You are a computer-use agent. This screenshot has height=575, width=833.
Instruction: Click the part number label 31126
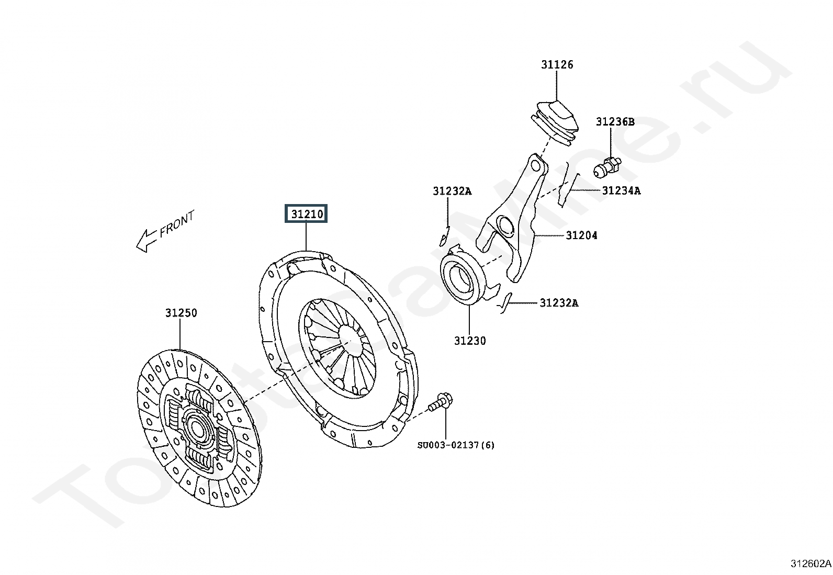pyautogui.click(x=557, y=65)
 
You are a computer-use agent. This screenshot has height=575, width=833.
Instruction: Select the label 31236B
pyautogui.click(x=615, y=121)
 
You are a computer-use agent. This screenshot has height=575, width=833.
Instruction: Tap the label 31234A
pyautogui.click(x=622, y=191)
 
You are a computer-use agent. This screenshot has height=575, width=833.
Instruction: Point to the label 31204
pyautogui.click(x=582, y=235)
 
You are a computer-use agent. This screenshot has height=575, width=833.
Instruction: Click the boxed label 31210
pyautogui.click(x=306, y=213)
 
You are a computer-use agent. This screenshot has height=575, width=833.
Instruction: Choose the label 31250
pyautogui.click(x=181, y=313)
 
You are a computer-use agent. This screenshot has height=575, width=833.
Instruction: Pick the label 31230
pyautogui.click(x=470, y=341)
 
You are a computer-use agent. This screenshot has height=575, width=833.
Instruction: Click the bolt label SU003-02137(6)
pyautogui.click(x=456, y=445)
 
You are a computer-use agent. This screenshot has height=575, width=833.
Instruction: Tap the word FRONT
pyautogui.click(x=177, y=224)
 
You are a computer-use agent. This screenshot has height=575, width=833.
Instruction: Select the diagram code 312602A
pyautogui.click(x=811, y=564)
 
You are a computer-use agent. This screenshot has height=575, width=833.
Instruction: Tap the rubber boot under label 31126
pyautogui.click(x=555, y=123)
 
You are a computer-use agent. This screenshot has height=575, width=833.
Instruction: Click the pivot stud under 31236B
pyautogui.click(x=607, y=167)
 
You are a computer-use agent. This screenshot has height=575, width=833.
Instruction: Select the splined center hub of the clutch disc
pyautogui.click(x=197, y=426)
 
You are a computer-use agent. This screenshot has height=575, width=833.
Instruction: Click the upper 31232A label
pyautogui.click(x=452, y=191)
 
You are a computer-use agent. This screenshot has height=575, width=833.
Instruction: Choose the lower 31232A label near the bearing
pyautogui.click(x=559, y=303)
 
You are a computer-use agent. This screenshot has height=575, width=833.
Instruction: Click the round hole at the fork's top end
pyautogui.click(x=536, y=165)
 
